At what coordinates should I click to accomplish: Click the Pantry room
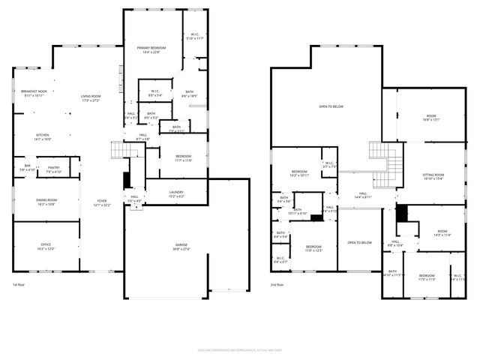coord(53,169)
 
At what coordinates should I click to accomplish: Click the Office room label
coord(46,246)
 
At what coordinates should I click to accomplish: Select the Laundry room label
coord(177,193)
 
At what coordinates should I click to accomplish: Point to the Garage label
coord(181,247)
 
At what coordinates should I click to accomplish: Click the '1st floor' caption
coord(20,285)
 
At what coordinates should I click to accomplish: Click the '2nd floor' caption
coord(277,285)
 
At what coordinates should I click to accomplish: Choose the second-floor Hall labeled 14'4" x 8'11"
coord(362,195)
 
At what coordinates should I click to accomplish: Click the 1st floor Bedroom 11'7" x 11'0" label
coord(184,158)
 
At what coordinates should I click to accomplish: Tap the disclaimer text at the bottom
coord(239,349)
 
